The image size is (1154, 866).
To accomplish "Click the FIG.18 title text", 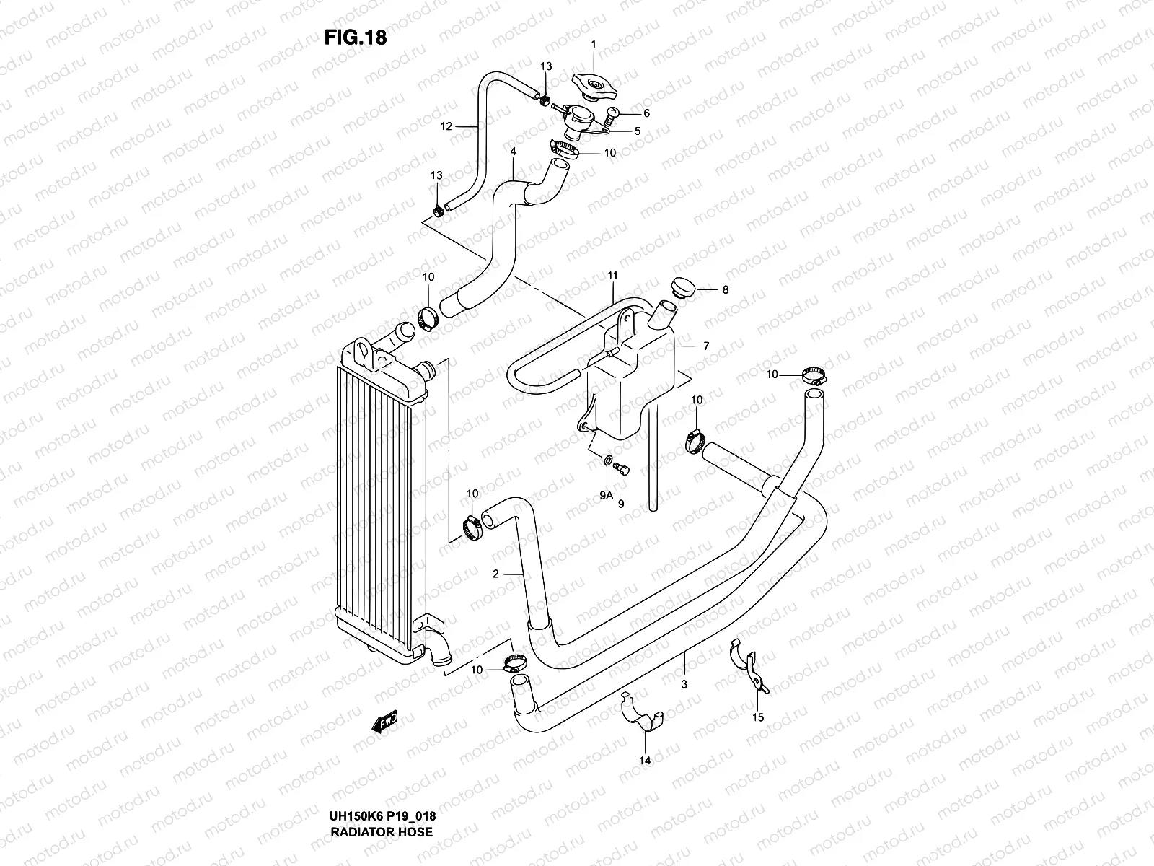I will click(x=356, y=38).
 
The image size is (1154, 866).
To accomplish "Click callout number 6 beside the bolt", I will click(x=646, y=113).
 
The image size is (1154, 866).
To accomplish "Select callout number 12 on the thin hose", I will click(x=446, y=126).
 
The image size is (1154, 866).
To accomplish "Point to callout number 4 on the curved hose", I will click(x=513, y=153).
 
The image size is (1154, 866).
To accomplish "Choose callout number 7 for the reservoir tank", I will click(x=706, y=346).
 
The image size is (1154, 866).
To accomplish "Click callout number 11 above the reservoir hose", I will click(x=613, y=276).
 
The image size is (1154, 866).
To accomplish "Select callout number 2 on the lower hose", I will click(x=495, y=574).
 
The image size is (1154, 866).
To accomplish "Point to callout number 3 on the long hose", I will click(x=684, y=683).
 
